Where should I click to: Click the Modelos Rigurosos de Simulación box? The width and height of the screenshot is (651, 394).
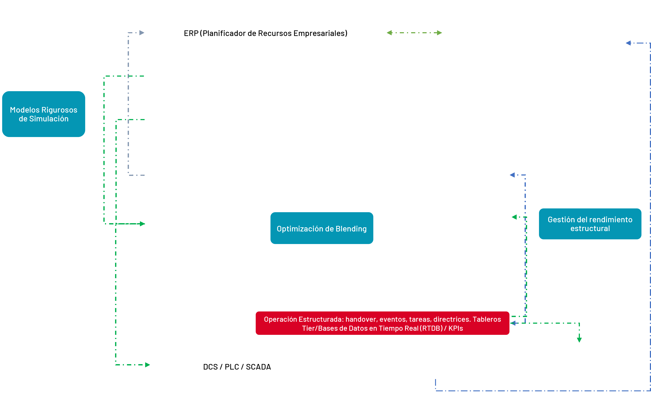(x=44, y=114)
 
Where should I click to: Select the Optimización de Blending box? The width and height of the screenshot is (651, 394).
(x=322, y=228)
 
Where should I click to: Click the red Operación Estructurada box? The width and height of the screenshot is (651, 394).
(x=382, y=323)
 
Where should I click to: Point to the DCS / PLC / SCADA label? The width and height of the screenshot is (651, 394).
(x=237, y=367)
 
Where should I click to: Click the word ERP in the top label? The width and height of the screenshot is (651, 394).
(x=191, y=33)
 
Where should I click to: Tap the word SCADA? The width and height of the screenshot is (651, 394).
(x=258, y=367)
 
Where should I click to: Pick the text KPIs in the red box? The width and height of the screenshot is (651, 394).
(x=456, y=328)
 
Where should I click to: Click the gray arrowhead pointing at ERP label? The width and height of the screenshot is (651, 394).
(x=142, y=33)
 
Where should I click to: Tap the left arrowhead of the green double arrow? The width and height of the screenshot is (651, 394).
(x=389, y=33)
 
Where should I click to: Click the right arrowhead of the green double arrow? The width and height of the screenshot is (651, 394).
(x=440, y=33)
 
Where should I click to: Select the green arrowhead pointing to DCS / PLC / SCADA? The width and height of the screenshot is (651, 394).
(x=148, y=365)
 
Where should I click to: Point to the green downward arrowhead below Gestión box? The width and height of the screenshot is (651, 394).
(x=579, y=340)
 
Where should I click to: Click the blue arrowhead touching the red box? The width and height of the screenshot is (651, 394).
(x=513, y=323)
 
